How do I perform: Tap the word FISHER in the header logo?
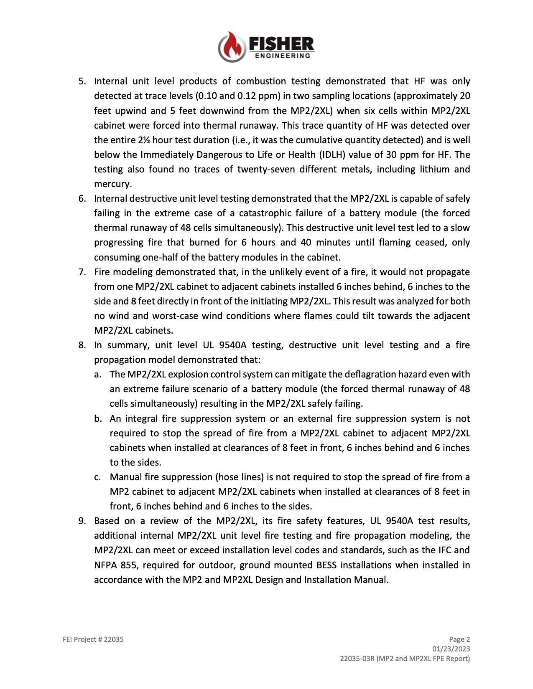(281, 43)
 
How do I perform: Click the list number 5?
(82, 81)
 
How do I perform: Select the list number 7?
(82, 272)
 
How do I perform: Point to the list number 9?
(82, 521)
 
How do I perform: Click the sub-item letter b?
(97, 418)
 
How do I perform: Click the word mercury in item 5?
(112, 184)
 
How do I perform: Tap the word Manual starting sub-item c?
(125, 477)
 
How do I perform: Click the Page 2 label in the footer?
(459, 639)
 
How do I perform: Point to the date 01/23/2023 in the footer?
(451, 649)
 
